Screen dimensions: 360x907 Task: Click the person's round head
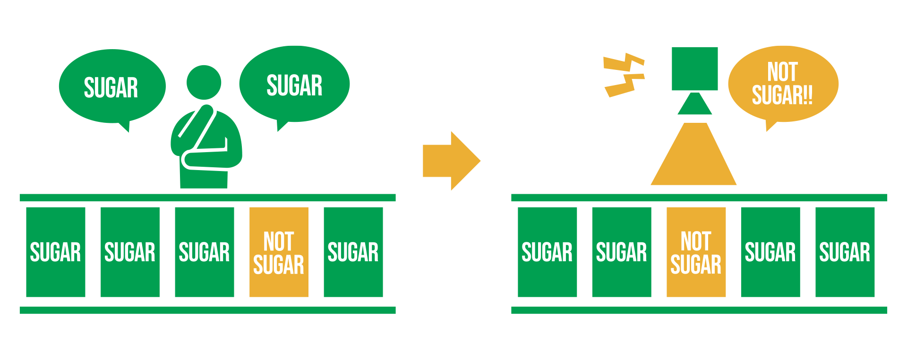click(204, 82)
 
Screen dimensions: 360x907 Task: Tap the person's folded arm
click(208, 158)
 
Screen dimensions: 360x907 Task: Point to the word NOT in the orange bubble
click(782, 72)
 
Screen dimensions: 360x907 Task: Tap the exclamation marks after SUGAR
click(807, 95)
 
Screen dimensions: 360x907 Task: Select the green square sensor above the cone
click(694, 69)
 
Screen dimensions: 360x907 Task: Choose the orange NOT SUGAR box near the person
click(279, 252)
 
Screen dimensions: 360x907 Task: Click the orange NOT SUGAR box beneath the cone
click(696, 252)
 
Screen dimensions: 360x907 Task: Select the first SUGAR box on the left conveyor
click(56, 252)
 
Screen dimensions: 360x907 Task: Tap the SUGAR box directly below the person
click(204, 252)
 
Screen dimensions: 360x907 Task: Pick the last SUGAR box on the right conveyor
click(845, 252)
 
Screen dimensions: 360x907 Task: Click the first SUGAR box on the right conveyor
click(547, 252)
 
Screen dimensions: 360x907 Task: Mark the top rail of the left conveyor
click(207, 197)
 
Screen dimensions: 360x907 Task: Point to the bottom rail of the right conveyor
click(699, 310)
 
